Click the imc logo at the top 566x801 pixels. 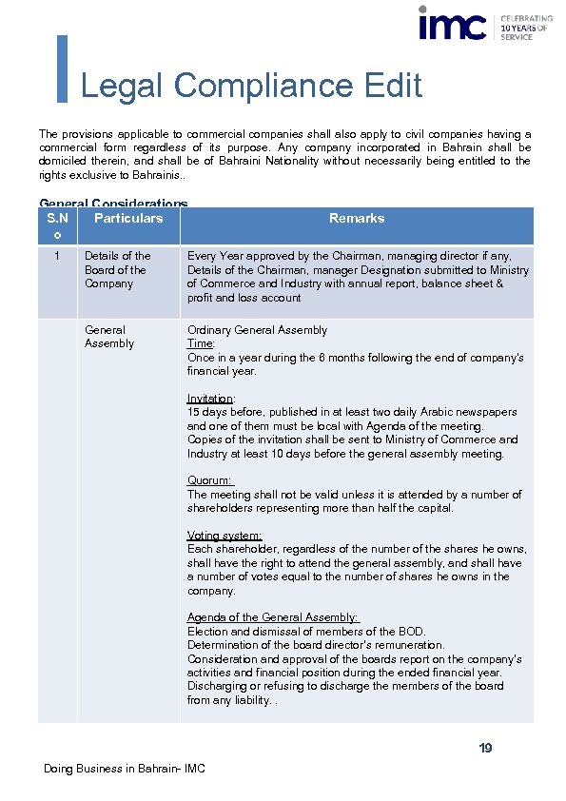coord(453,24)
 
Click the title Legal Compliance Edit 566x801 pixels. coord(251,86)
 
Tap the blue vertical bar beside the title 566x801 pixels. coord(63,68)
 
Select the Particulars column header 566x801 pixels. coord(128,219)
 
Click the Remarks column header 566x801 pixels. coord(357,219)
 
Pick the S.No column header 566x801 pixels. coord(57,225)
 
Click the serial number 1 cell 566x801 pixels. coord(58,256)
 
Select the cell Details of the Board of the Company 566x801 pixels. coord(118,269)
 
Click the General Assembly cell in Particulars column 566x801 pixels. coord(110,337)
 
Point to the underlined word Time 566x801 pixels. coord(201,344)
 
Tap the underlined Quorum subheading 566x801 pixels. coord(210,480)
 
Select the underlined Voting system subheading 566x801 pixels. coord(224,536)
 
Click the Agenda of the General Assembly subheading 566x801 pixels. coord(273,617)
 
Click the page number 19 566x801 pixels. coord(485,749)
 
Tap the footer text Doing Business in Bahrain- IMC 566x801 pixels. coord(124,769)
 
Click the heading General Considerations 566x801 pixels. coord(113,204)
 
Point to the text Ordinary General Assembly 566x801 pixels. coord(257,330)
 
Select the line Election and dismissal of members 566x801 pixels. coord(306,632)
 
